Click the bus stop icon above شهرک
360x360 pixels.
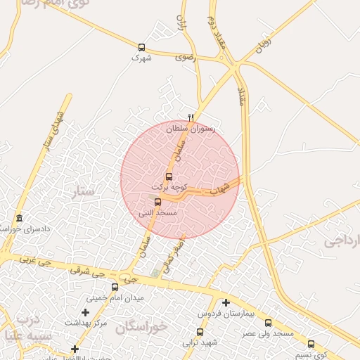coord(142,48)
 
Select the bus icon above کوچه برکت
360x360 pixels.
coord(169,176)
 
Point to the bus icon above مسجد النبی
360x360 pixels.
coord(157,202)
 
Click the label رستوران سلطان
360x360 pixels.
coord(191,129)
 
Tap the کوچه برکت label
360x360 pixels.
coord(169,187)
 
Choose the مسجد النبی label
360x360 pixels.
coord(157,212)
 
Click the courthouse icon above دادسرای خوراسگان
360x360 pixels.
coord(18,218)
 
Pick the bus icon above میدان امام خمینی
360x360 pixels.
coord(115,287)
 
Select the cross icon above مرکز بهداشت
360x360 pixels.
coord(86,311)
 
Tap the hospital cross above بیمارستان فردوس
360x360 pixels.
coord(226,302)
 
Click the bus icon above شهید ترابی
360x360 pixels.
coord(200,332)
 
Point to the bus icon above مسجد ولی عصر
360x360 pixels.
coord(268,323)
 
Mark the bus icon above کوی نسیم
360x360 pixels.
coord(311,344)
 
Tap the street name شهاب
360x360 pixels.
coord(220,188)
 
